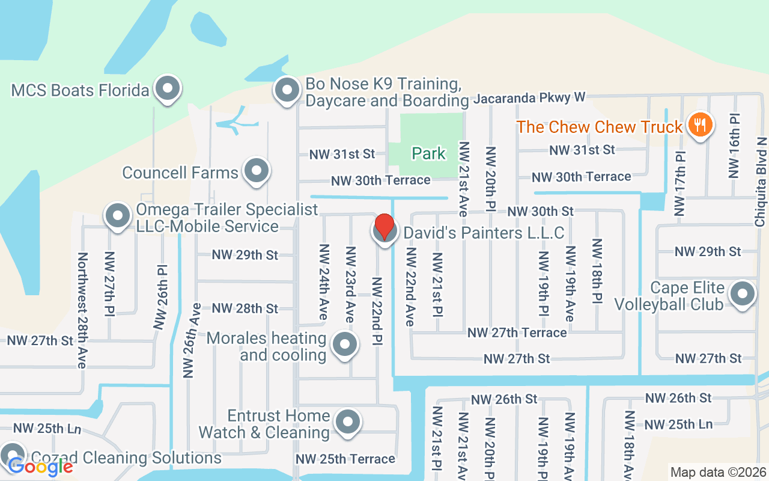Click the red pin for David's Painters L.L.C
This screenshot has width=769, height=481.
coord(384,228)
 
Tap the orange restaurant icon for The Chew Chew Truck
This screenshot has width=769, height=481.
coord(699,125)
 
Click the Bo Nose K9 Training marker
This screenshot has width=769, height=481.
coord(287,90)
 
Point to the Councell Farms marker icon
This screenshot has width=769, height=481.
coord(257,171)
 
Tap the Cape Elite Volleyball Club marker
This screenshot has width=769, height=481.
coord(742,295)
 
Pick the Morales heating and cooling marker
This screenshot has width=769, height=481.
coord(345,345)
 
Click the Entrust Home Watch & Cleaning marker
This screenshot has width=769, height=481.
coord(347,422)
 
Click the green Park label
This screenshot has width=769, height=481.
coord(429,153)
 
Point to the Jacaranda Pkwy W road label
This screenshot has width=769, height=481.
coord(529,97)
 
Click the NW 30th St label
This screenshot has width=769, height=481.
coord(540,211)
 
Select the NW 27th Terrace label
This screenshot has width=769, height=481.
coord(517,332)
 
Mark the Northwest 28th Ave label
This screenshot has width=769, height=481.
coord(82,310)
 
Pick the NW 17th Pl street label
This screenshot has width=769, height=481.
coord(679,183)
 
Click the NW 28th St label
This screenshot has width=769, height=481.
coord(245,308)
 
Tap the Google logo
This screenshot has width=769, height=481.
coord(40,466)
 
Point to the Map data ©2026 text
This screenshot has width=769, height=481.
coord(718,473)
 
